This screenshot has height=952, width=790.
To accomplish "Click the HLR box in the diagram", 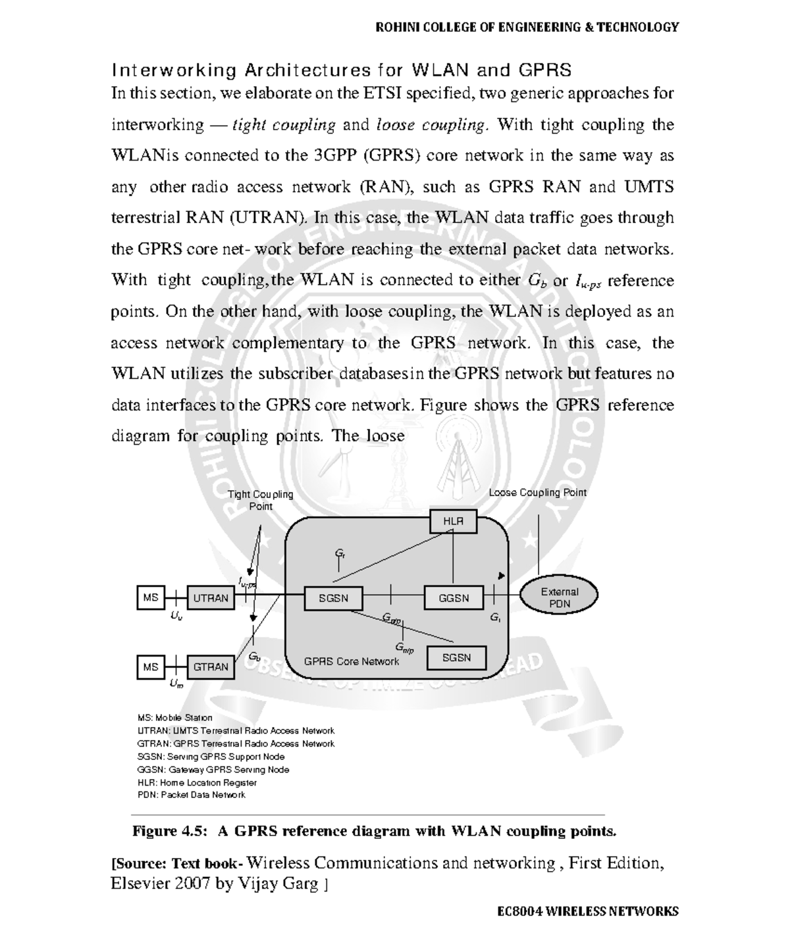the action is coord(453,521).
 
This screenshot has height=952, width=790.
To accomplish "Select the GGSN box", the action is coord(454,598).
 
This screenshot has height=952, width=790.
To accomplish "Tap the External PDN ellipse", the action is coord(560,597).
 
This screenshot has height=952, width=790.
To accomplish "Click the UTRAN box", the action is coord(211,598).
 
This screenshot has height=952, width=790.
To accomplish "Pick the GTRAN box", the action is coord(211,666).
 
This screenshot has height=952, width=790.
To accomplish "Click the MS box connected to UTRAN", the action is coord(151,597).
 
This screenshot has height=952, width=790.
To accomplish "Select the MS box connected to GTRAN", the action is coord(151,666).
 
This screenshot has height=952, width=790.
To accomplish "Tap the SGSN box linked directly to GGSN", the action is coord(333,598).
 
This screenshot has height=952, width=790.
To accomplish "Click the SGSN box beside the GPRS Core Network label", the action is coord(456,657).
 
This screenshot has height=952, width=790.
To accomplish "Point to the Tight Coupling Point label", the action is coord(260,500).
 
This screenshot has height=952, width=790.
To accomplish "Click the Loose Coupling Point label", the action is coord(537,492).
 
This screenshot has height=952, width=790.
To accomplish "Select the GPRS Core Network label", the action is coord(352,661).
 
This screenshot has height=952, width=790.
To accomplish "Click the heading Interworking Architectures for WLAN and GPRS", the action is coord(341,70).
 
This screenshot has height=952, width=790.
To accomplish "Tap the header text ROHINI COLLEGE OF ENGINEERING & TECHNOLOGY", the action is coord(526,27).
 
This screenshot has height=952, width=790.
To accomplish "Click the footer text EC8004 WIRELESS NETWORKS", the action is coord(587,911).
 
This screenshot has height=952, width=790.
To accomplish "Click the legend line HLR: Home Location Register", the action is coord(197,782).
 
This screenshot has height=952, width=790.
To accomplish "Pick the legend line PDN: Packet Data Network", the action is coord(191,795).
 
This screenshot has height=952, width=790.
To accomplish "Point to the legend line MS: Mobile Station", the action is coord(174,717).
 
